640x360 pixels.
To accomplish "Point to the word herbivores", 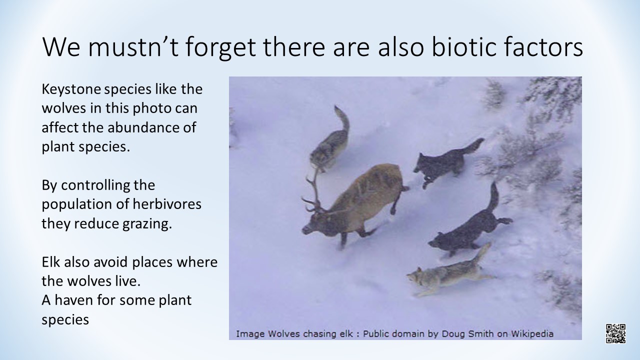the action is (x=167, y=204).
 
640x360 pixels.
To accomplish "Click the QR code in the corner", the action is (x=615, y=333).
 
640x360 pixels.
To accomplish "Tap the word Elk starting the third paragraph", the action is (x=51, y=261).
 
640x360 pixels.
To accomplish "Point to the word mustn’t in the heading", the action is (x=133, y=46).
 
